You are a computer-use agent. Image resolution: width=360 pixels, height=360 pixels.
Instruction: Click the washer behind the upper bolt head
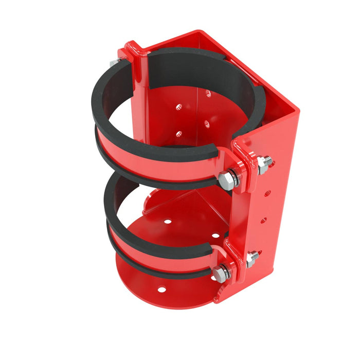[234, 178]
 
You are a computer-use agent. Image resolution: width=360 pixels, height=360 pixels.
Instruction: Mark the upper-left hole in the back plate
[179, 107]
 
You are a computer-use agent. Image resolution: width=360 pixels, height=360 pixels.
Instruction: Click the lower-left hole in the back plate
[178, 134]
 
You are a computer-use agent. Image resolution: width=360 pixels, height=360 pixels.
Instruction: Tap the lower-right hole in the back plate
[207, 123]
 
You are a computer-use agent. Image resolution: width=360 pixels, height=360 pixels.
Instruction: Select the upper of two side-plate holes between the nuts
[267, 193]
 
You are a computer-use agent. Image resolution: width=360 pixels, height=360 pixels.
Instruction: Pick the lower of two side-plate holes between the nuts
[263, 220]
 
